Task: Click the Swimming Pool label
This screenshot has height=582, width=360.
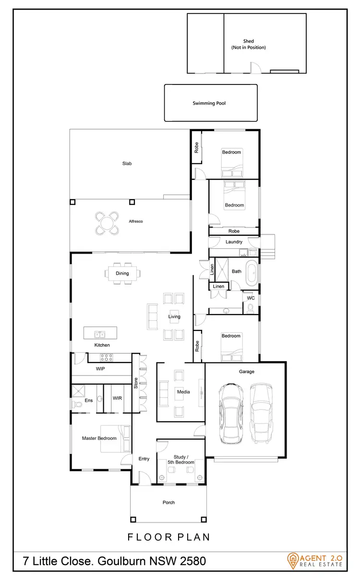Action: (209, 103)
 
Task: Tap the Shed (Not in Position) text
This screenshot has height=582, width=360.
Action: (248, 44)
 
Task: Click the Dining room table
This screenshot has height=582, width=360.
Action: (123, 274)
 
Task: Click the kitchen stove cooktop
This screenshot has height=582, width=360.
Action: (106, 357)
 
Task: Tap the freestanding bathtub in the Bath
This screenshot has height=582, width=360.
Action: (252, 272)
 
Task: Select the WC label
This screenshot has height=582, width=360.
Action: (250, 298)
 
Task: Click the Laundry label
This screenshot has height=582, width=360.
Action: (234, 242)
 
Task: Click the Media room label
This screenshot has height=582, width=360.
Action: (183, 392)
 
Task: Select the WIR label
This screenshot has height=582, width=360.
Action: (117, 398)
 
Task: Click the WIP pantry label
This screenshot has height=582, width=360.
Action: (100, 369)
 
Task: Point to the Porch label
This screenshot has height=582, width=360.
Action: (168, 502)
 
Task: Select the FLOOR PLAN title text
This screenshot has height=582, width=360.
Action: (168, 537)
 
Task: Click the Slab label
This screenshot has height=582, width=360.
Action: (127, 163)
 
